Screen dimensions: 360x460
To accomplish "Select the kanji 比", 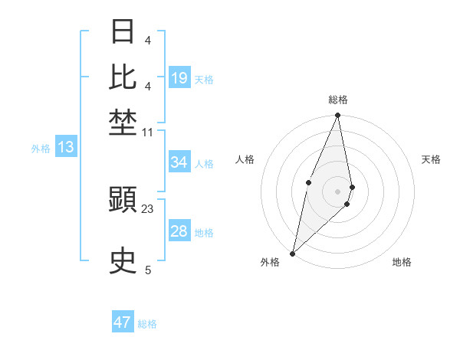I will click(123, 77).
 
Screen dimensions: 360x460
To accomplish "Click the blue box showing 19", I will click(179, 78).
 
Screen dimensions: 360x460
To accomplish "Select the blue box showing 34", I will click(179, 162).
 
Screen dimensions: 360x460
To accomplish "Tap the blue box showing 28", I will click(179, 231).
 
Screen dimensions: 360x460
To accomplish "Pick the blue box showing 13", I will click(66, 148).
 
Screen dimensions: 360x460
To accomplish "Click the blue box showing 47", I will click(123, 322).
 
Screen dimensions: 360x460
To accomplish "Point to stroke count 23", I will click(148, 208).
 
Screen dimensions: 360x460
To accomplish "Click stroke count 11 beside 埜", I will click(148, 133).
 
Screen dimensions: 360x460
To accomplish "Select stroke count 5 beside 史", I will click(148, 270).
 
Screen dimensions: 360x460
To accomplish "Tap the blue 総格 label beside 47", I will click(147, 324).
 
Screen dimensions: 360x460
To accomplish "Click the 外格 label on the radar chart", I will click(270, 262).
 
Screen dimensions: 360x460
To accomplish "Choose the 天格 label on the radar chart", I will click(431, 159).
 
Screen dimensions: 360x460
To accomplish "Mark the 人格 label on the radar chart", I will click(245, 159).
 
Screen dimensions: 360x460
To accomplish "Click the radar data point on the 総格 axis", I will click(337, 116).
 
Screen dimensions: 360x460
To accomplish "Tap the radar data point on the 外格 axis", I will click(292, 253).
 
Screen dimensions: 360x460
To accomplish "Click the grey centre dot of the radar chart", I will click(337, 191).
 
